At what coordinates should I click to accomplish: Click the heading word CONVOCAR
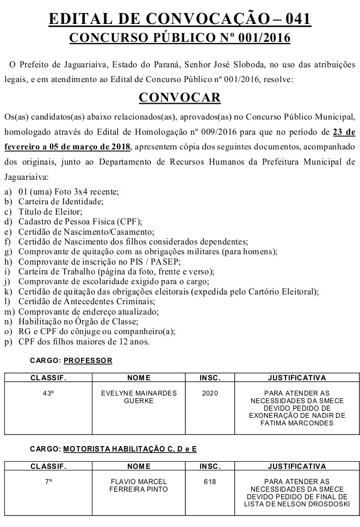[x=179, y=97]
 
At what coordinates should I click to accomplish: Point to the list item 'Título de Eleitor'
[x=50, y=211]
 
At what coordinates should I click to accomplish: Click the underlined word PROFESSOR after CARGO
[x=88, y=360]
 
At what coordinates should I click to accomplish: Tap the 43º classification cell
[x=48, y=393]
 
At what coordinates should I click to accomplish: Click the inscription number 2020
[x=209, y=393]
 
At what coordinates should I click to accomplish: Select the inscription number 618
[x=209, y=481]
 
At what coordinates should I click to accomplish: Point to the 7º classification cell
[x=48, y=481]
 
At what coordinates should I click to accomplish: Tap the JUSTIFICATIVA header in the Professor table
[x=297, y=378]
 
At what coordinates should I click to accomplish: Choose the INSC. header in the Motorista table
[x=209, y=466]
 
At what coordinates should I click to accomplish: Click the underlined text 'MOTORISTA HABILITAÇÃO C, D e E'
[x=130, y=449]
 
